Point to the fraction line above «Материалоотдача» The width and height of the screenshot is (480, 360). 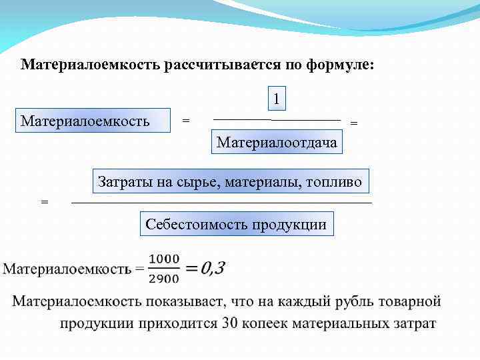277,120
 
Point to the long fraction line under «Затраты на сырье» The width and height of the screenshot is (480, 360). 221,201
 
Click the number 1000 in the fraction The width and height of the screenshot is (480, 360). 163,259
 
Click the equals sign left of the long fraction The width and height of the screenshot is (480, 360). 45,201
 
